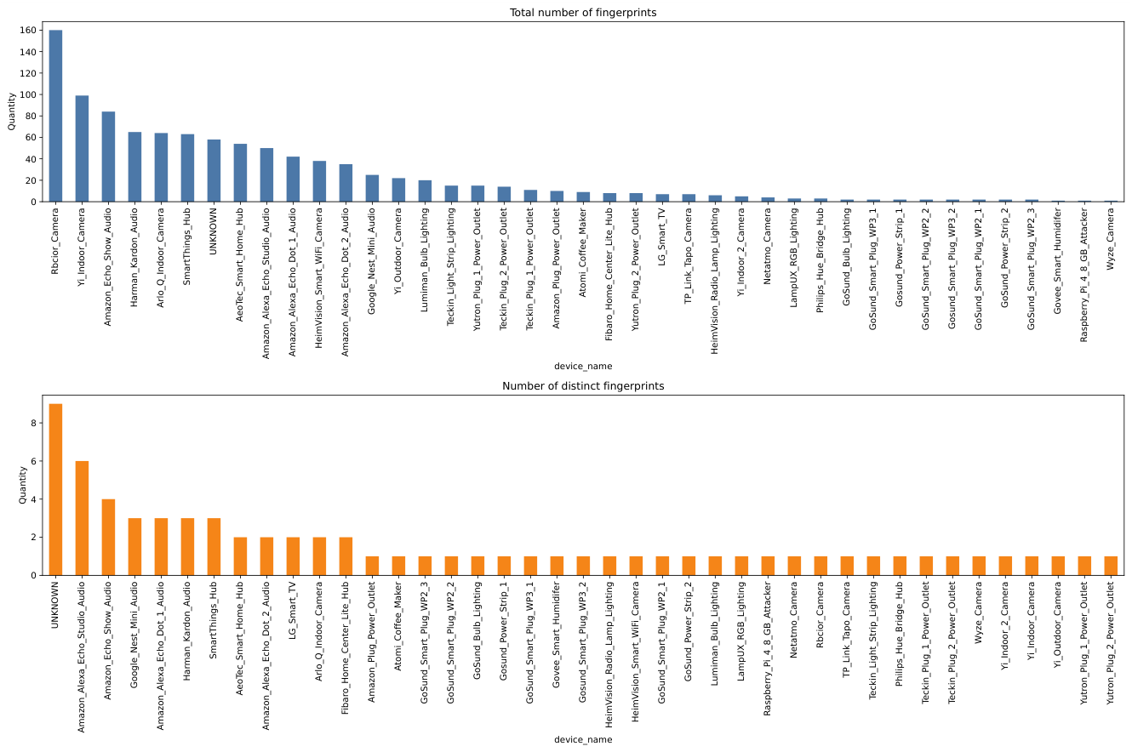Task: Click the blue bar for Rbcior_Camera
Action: coord(55,116)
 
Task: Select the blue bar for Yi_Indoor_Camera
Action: coord(82,149)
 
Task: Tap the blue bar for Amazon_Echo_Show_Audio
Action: coord(108,157)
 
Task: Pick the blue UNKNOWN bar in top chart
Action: coord(214,171)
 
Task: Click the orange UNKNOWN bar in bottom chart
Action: coord(55,489)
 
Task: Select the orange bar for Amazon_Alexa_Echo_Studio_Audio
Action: coord(82,518)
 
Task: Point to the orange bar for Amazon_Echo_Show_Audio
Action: coord(108,538)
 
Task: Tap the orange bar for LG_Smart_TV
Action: coord(293,556)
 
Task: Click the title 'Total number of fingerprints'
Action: coord(583,13)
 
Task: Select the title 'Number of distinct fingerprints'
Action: coord(583,386)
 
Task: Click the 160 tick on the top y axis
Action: coord(28,31)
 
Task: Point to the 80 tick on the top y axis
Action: coord(31,117)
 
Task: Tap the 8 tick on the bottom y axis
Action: coord(34,424)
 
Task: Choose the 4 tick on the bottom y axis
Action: coord(34,499)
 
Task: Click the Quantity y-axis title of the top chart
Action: coord(12,111)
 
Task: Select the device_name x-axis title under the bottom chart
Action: coord(583,739)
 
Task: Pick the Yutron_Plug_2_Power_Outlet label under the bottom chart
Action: coord(1110,643)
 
